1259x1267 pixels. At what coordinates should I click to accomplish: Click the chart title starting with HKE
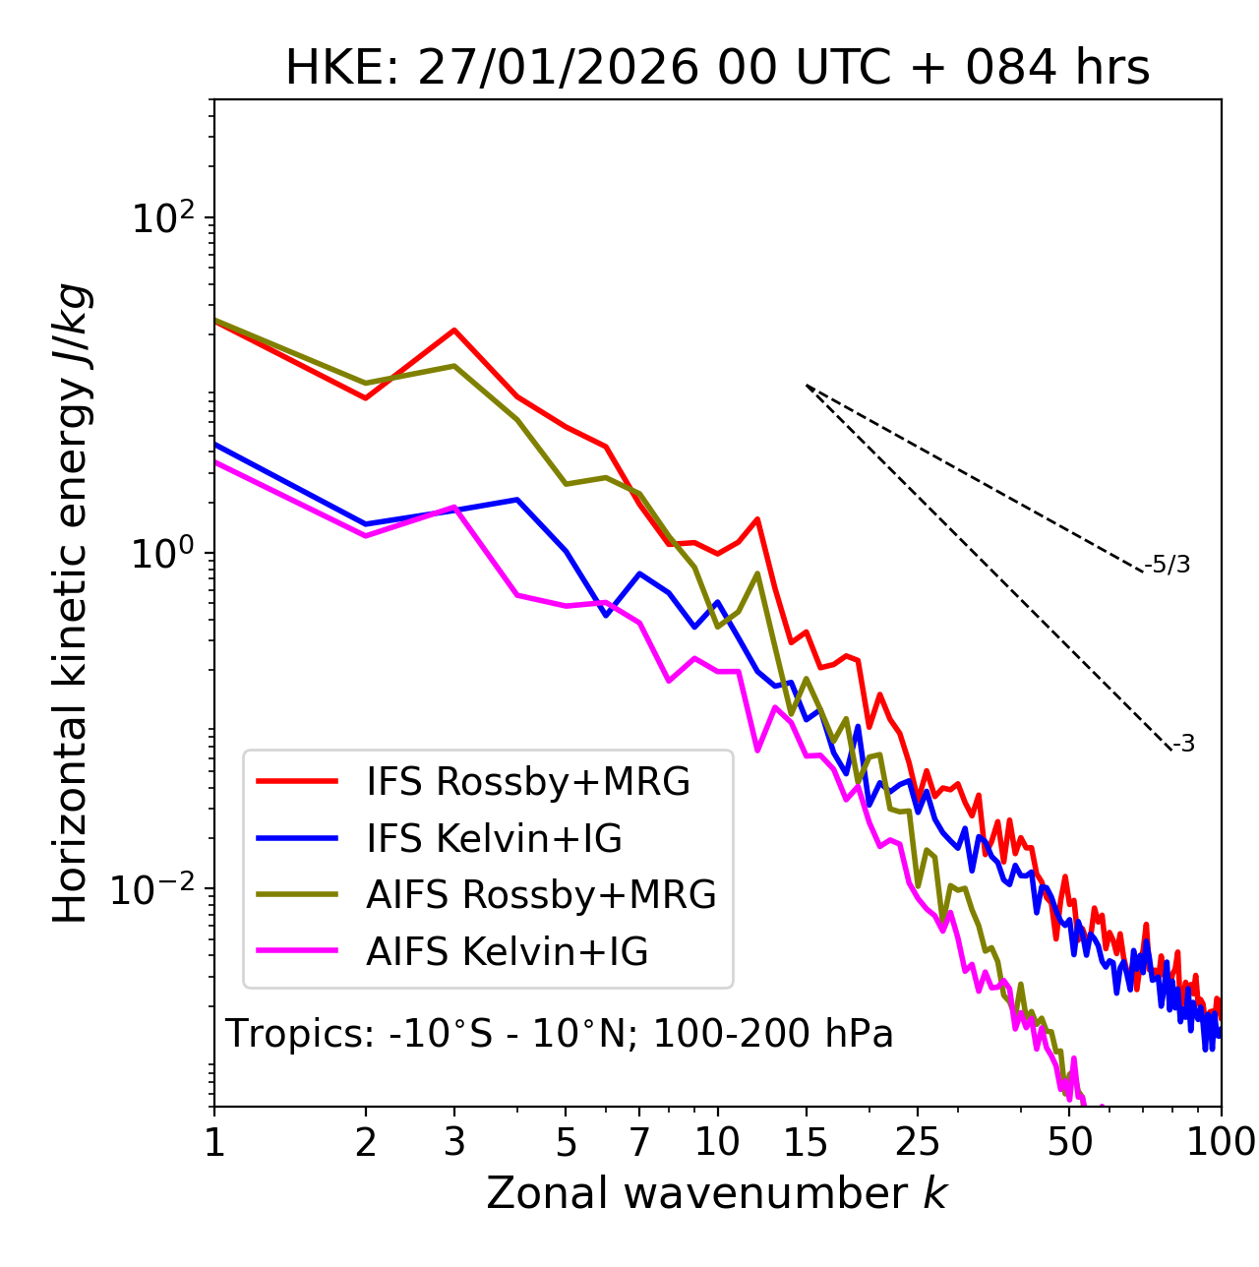tap(717, 69)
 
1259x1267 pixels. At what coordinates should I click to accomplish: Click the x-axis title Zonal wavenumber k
tap(716, 1193)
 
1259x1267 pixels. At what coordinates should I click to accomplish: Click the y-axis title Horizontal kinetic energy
tap(72, 603)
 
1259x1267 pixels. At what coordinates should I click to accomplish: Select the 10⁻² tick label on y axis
tap(157, 889)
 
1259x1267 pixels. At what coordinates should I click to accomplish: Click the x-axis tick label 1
tap(214, 1143)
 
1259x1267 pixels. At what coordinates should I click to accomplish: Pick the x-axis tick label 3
tap(454, 1143)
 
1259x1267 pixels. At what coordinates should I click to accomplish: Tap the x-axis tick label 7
tap(639, 1143)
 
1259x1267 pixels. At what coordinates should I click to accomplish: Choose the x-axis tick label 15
tap(806, 1143)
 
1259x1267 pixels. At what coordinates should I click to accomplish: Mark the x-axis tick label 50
tap(1069, 1143)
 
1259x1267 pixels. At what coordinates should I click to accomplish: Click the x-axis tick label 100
tap(1221, 1143)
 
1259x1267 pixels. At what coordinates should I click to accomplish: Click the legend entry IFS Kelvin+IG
tap(494, 839)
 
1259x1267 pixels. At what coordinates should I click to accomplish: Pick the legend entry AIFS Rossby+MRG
tap(541, 895)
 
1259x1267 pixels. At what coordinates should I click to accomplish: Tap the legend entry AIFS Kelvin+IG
tap(508, 952)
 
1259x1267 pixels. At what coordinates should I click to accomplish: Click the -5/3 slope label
tap(1168, 566)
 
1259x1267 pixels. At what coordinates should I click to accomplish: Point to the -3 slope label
tap(1184, 745)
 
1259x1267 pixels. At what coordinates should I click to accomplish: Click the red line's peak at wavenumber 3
tap(454, 330)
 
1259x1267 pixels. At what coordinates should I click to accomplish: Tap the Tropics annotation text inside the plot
tap(559, 1035)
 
